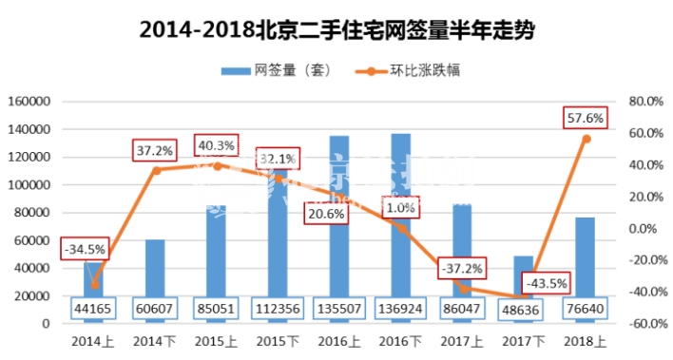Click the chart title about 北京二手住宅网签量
pyautogui.click(x=336, y=29)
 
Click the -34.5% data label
pyautogui.click(x=85, y=250)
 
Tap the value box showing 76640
pyautogui.click(x=584, y=309)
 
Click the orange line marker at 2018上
pyautogui.click(x=586, y=139)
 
